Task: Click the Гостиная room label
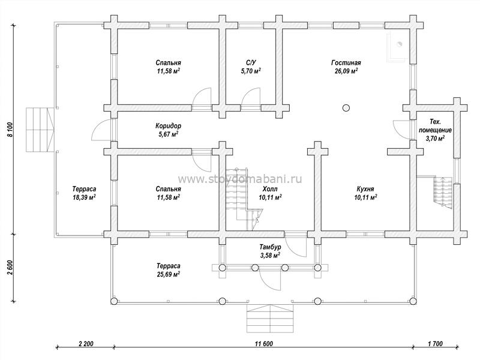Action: [346, 63]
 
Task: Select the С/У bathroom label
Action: [251, 63]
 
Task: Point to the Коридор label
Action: [168, 126]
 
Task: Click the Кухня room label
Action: [365, 189]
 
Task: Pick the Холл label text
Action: [270, 189]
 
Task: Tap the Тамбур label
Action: [271, 247]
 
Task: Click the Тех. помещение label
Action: [435, 126]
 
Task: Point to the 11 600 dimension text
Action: [263, 344]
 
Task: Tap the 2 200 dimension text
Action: [86, 344]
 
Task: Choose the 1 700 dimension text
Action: [435, 344]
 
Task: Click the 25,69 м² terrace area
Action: [168, 274]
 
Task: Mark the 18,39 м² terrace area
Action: [84, 197]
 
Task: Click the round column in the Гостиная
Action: [346, 108]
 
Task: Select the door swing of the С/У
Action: [250, 97]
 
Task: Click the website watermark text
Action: [239, 179]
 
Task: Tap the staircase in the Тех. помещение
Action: [443, 193]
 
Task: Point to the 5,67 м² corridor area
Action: [168, 134]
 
